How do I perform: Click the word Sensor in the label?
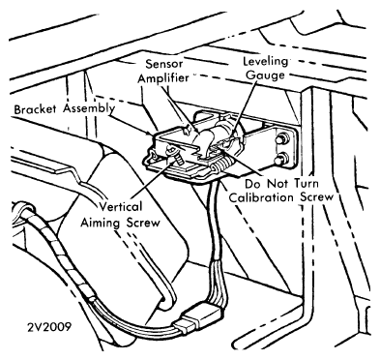click(164, 64)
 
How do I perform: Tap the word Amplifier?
click(163, 78)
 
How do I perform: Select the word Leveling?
click(265, 61)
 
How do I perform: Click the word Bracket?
click(35, 109)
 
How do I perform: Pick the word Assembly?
click(89, 108)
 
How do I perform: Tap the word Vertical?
click(120, 206)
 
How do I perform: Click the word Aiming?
click(101, 223)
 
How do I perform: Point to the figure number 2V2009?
click(49, 327)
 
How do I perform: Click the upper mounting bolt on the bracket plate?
click(281, 140)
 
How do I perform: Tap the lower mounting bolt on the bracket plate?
click(281, 159)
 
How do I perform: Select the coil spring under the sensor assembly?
click(221, 165)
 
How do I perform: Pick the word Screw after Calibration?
click(317, 197)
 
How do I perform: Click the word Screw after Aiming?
click(143, 223)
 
